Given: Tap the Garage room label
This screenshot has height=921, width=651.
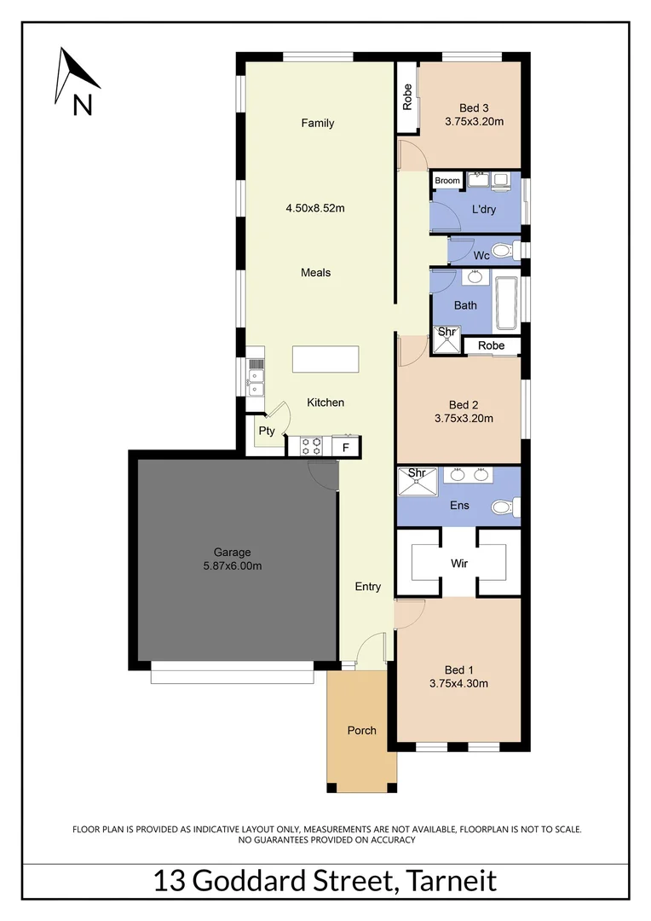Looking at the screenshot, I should [232, 552].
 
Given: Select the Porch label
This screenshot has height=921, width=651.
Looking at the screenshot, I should [361, 730].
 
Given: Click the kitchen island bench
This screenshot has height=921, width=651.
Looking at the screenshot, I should [326, 359].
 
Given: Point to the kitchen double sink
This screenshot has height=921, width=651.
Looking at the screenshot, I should [256, 376].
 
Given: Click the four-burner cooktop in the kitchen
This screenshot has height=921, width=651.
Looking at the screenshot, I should [310, 446].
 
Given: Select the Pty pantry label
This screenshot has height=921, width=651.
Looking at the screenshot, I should [267, 431].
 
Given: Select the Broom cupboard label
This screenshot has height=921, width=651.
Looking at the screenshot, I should [446, 181].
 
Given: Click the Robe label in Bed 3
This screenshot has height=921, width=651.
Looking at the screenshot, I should [407, 98].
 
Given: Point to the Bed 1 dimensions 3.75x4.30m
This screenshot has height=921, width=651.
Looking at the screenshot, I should [459, 683].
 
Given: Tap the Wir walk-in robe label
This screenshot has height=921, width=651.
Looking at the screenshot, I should [459, 564].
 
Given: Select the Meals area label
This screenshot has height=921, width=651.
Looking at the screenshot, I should [315, 273].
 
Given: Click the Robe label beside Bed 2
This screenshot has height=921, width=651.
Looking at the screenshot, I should [491, 345].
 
